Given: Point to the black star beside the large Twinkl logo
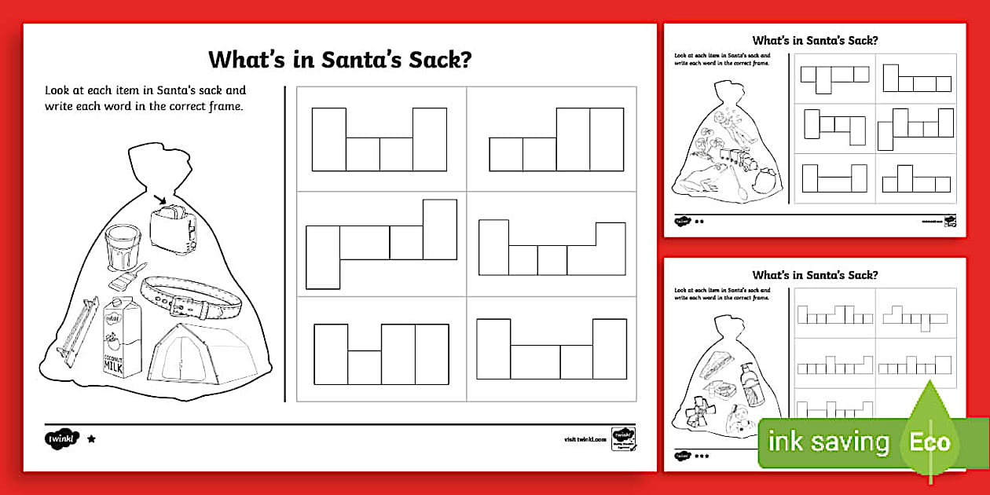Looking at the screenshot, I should pyautogui.click(x=91, y=439).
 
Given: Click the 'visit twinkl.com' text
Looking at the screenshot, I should pyautogui.click(x=582, y=440).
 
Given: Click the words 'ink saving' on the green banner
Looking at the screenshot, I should pyautogui.click(x=828, y=442).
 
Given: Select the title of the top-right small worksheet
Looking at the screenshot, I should pyautogui.click(x=815, y=40).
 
